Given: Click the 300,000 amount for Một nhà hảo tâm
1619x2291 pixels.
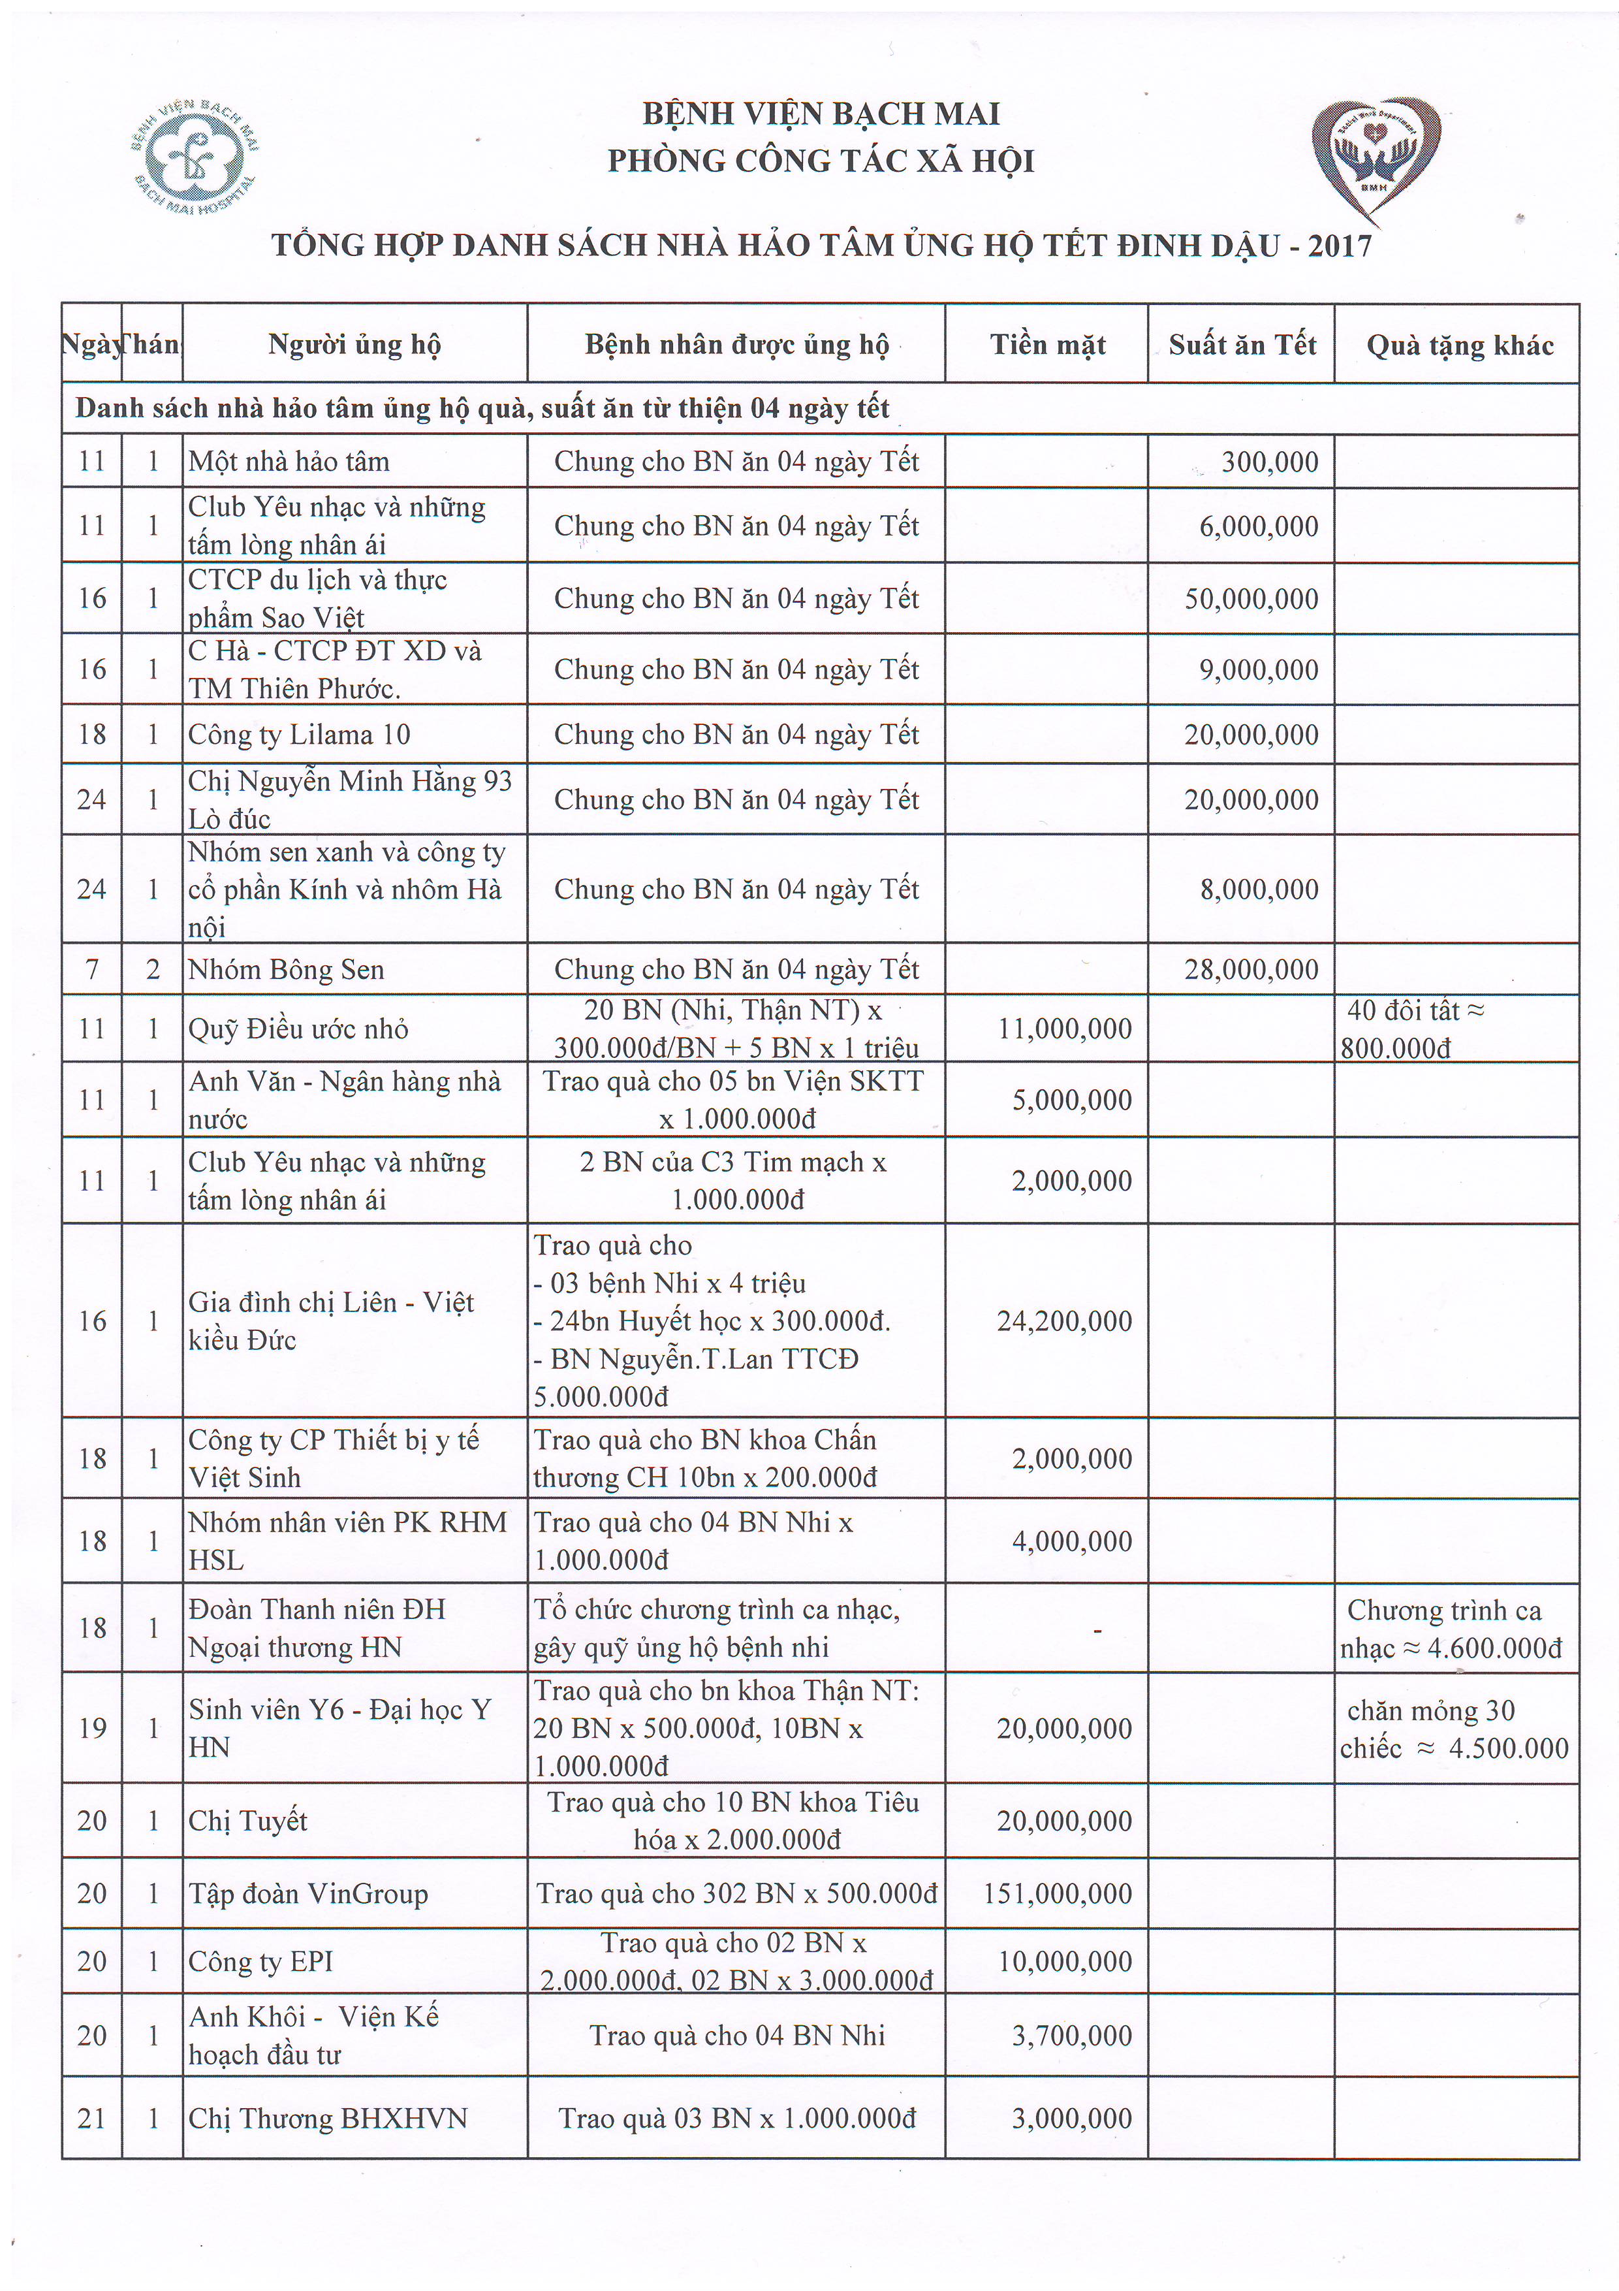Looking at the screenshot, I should (1269, 462).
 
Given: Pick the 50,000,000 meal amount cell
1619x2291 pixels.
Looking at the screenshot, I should (1251, 599).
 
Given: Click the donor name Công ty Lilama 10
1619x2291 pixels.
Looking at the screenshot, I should (299, 735).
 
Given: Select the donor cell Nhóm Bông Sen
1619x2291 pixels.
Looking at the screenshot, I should (287, 970).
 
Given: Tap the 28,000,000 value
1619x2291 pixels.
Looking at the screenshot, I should (1251, 970).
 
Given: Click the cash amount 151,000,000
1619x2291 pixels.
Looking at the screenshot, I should (1058, 1894).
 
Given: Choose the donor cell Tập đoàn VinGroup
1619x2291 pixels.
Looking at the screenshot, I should (308, 1894).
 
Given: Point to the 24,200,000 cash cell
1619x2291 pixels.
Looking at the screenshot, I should (1063, 1321).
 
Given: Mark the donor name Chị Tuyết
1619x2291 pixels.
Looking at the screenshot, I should (247, 1821).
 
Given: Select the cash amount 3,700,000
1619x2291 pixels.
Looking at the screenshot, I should (1071, 2036).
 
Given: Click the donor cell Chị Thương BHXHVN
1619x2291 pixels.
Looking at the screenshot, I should (327, 2119).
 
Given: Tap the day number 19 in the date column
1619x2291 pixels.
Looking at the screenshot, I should (92, 1728).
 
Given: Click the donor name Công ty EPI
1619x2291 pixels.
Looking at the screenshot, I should (260, 1962).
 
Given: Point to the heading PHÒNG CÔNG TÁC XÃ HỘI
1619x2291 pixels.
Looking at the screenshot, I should (820, 161).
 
